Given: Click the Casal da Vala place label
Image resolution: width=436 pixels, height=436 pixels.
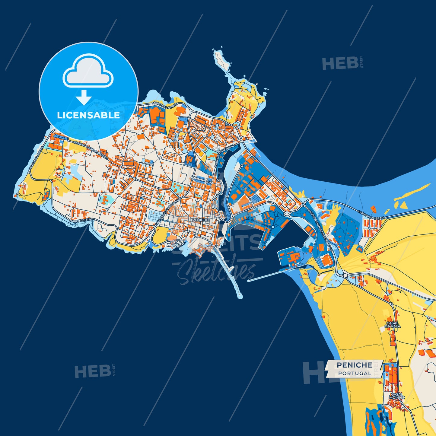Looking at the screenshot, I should coord(393,325).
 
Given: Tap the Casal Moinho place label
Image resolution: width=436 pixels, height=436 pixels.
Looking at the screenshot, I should coord(396,396).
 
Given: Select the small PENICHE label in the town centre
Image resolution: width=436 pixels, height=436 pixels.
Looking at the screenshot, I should coord(200,220).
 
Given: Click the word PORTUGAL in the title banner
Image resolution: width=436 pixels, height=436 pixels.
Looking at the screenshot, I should coord(355,374).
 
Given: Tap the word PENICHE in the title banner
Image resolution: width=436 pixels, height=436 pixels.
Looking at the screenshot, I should coord(354,365).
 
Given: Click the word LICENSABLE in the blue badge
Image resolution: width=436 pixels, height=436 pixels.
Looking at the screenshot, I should coord(88,115).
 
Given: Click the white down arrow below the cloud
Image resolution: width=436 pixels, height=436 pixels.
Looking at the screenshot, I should coord(84,97).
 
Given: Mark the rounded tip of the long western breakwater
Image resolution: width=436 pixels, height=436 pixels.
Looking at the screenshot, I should coord(240,297).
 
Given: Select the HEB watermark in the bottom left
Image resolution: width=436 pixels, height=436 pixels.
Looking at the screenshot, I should coord(92,371).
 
